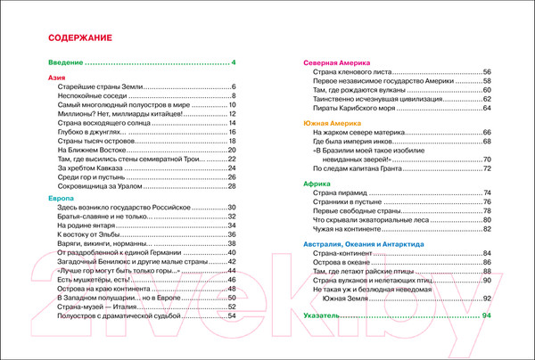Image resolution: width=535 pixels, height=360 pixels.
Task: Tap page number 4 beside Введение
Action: (x=233, y=62)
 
